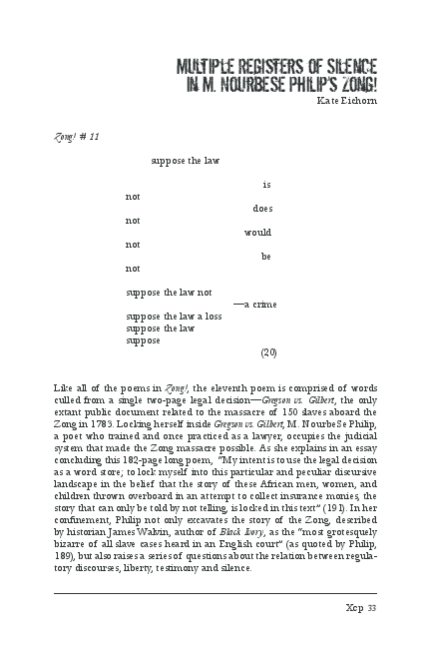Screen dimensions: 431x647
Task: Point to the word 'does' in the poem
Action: pos(262,209)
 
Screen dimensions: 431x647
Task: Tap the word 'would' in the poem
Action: pos(257,233)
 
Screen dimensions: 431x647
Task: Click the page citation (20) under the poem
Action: pos(267,352)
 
